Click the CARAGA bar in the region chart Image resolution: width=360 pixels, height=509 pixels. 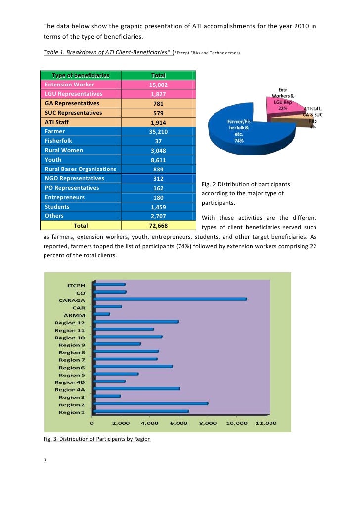click(x=171, y=299)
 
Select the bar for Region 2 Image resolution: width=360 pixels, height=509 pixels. click(x=151, y=404)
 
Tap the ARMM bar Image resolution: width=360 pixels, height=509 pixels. click(x=102, y=314)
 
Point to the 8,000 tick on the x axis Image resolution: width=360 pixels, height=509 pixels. click(x=208, y=423)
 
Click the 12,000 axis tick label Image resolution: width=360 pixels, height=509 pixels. click(x=266, y=423)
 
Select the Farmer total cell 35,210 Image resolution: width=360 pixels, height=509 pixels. click(x=158, y=132)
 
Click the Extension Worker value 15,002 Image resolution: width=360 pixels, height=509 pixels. click(x=158, y=85)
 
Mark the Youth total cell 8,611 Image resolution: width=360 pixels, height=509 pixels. click(x=158, y=160)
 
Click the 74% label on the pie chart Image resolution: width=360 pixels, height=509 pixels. click(x=239, y=141)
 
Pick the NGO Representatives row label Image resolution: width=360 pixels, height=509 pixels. click(x=75, y=178)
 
